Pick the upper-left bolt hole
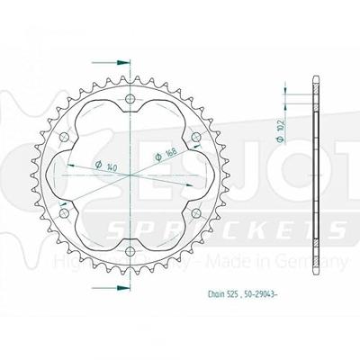coord(67,135)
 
